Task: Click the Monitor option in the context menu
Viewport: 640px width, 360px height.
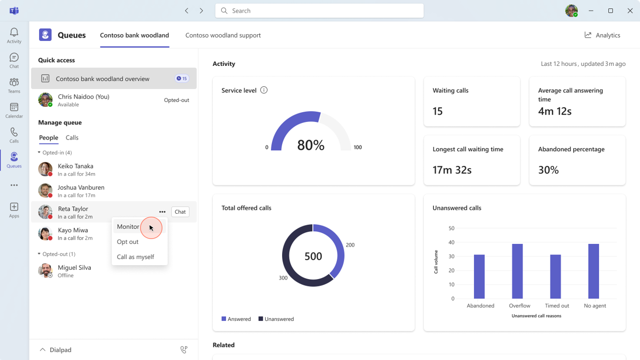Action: [x=128, y=227]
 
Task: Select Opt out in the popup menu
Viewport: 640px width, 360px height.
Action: [x=128, y=242]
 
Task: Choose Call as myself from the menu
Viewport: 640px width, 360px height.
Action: [x=135, y=257]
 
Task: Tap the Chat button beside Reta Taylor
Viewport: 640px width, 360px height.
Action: [x=180, y=212]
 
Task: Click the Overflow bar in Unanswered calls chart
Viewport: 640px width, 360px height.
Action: [x=517, y=271]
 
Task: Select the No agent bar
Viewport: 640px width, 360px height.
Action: [x=594, y=271]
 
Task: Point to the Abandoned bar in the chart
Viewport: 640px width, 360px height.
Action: [x=479, y=277]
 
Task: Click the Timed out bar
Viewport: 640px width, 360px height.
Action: [x=556, y=277]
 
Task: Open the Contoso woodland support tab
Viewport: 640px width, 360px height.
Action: [x=223, y=35]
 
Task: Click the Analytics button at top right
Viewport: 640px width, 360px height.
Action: [x=602, y=35]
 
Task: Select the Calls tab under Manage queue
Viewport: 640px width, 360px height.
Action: [x=72, y=138]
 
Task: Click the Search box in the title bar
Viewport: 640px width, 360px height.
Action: [x=319, y=11]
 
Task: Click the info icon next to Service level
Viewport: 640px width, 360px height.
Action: [x=264, y=90]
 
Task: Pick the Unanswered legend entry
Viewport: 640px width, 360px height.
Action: [x=276, y=319]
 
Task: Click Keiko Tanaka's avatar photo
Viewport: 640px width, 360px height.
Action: [x=45, y=169]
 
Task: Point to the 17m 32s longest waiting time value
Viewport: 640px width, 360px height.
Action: [x=452, y=170]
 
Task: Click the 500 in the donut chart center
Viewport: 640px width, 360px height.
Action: [x=313, y=256]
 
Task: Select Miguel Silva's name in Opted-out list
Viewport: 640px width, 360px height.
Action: [x=74, y=267]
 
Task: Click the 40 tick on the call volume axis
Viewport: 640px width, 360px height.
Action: [x=451, y=242]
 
